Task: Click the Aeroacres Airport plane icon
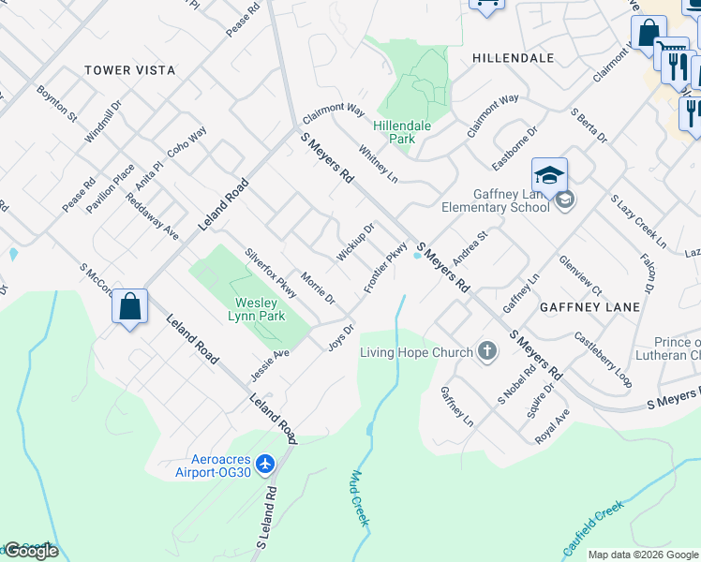tap(265, 464)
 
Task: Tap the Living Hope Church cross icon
tap(486, 352)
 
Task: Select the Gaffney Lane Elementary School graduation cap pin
tap(549, 174)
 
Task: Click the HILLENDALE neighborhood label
tap(513, 57)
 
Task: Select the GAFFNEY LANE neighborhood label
tap(589, 306)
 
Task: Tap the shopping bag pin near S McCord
tap(130, 306)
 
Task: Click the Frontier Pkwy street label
tap(385, 268)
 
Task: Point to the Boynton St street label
tap(56, 104)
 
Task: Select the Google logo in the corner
tap(31, 551)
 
